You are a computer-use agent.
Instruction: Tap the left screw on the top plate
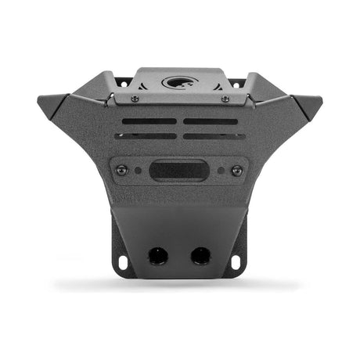pyautogui.click(x=135, y=99)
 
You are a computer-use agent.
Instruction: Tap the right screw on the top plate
pyautogui.click(x=225, y=99)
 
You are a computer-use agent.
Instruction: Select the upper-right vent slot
pyautogui.click(x=211, y=121)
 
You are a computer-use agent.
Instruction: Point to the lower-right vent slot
pyautogui.click(x=214, y=136)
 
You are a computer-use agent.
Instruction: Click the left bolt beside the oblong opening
pyautogui.click(x=121, y=169)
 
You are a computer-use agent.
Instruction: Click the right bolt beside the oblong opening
pyautogui.click(x=237, y=169)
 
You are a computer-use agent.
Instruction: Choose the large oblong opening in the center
pyautogui.click(x=179, y=169)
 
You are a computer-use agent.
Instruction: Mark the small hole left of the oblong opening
pyautogui.click(x=139, y=169)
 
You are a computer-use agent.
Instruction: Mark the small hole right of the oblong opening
pyautogui.click(x=220, y=169)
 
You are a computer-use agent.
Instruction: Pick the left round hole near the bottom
pyautogui.click(x=157, y=255)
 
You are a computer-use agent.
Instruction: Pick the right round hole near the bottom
pyautogui.click(x=200, y=255)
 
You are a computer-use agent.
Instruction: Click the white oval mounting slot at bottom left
pyautogui.click(x=122, y=261)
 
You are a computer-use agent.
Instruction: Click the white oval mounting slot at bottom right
pyautogui.click(x=237, y=261)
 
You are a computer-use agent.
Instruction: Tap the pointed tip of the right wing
pyautogui.click(x=322, y=99)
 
